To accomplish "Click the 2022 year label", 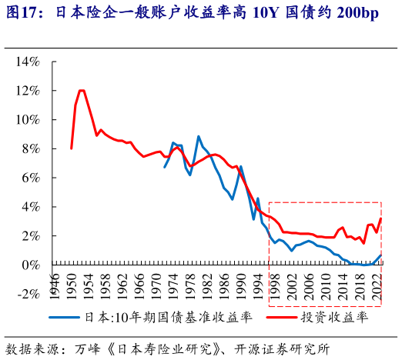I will click(377, 279).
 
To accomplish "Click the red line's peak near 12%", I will click(81, 91).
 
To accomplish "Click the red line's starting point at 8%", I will click(71, 148).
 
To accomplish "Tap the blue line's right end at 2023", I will click(381, 255).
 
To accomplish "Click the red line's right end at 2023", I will click(381, 219).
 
